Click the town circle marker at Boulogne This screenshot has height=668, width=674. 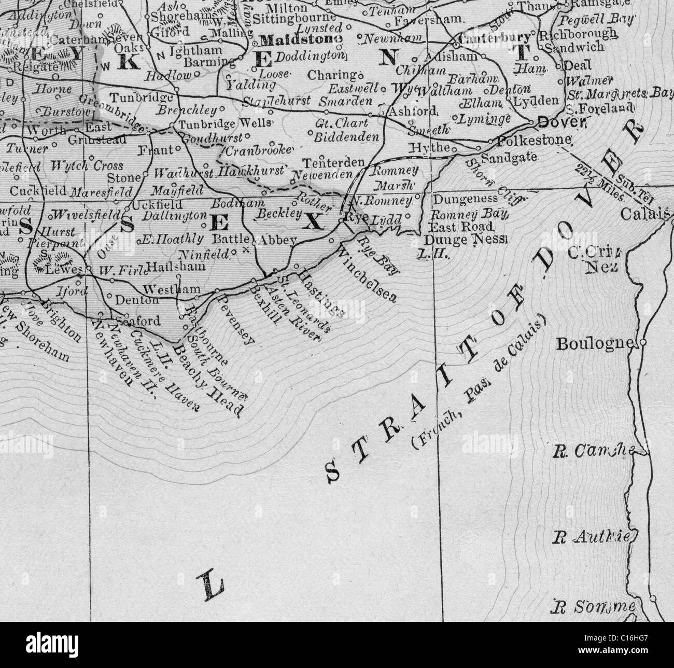pos(643,343)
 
